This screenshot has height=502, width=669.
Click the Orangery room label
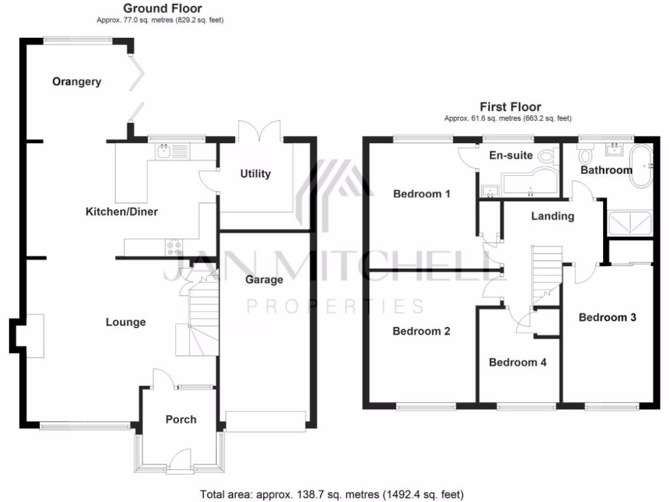[77, 82]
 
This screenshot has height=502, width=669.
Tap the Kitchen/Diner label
[122, 211]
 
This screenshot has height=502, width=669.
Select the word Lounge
[125, 322]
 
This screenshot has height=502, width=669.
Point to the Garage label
[264, 280]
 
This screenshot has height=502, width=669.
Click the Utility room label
[255, 174]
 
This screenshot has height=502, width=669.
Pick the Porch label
[180, 419]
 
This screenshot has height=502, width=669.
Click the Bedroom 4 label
[517, 362]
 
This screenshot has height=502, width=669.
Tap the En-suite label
[511, 156]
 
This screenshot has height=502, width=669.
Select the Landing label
[552, 216]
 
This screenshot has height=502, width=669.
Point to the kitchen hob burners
[174, 247]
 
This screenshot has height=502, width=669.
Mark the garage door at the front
[265, 421]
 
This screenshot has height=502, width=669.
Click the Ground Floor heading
[162, 8]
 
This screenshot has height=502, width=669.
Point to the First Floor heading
[510, 107]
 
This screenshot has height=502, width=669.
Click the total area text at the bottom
[332, 494]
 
